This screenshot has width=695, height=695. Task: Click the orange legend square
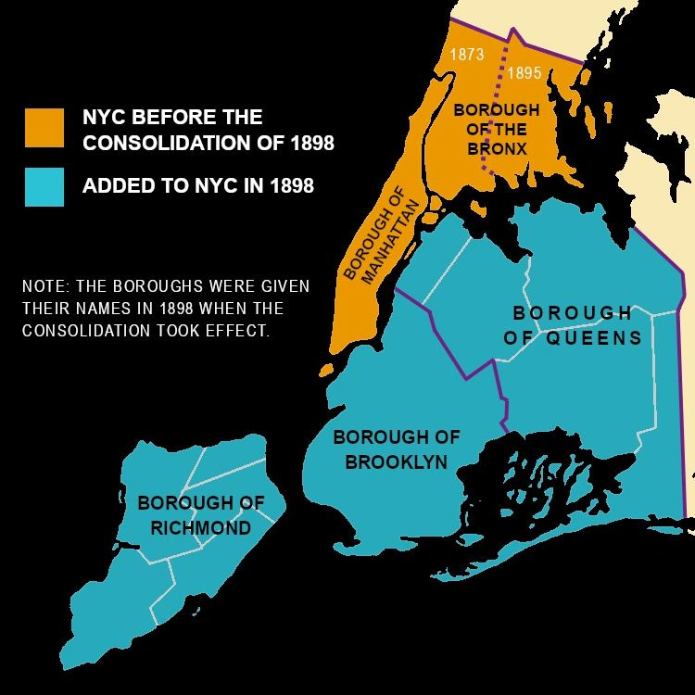click(44, 128)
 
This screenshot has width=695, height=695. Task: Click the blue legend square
click(44, 186)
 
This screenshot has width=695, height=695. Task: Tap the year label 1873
click(467, 55)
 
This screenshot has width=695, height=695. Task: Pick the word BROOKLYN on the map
click(397, 461)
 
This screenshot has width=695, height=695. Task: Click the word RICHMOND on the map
click(199, 528)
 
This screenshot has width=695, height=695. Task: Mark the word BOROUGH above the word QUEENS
click(572, 313)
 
